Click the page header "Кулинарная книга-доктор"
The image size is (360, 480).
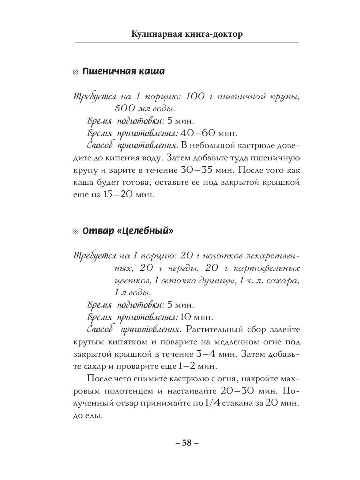[187, 34]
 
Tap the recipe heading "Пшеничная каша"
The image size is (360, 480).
[123, 72]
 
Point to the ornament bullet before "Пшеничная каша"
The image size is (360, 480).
[75, 72]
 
